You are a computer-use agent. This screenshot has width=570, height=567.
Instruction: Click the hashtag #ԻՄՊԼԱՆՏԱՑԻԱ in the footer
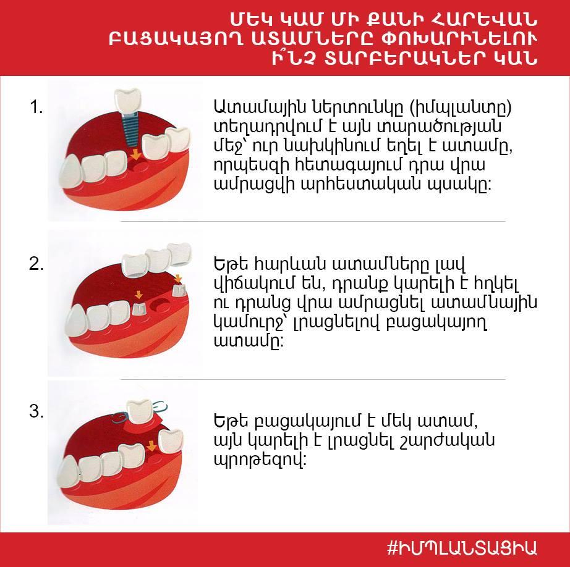(x=462, y=548)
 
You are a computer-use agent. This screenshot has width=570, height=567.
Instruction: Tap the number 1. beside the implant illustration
(x=36, y=107)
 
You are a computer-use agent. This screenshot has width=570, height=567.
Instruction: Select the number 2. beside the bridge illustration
(x=36, y=264)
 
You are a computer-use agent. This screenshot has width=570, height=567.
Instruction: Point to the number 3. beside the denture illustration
(x=36, y=411)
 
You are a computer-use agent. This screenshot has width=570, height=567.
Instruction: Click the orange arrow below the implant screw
(x=135, y=154)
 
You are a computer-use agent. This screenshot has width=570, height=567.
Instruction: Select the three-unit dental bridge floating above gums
(x=156, y=259)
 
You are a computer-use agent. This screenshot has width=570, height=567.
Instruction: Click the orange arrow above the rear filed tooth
(x=178, y=279)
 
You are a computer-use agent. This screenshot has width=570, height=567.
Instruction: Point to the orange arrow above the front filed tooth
(x=138, y=295)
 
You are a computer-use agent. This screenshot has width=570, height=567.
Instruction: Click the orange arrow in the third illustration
(x=151, y=446)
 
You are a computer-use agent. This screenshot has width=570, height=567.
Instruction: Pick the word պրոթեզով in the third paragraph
(x=260, y=460)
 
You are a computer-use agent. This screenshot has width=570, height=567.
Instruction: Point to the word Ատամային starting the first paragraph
(x=260, y=107)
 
